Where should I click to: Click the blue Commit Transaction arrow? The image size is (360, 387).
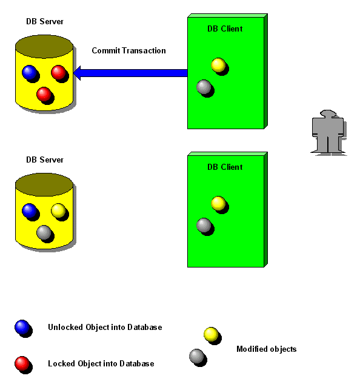click(130, 73)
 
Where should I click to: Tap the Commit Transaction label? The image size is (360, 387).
click(128, 50)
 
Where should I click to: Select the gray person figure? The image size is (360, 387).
click(328, 132)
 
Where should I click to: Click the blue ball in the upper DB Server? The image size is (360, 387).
click(30, 73)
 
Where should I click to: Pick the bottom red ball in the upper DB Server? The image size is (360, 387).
click(44, 95)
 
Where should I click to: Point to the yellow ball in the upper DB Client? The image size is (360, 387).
click(219, 66)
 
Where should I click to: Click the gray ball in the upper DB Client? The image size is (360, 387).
click(204, 87)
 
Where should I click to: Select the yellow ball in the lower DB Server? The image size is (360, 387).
click(59, 211)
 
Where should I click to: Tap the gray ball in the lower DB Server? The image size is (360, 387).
click(44, 233)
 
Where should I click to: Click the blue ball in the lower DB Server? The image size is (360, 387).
click(30, 211)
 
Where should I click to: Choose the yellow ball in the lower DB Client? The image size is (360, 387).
click(219, 204)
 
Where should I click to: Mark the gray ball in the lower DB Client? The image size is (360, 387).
click(204, 226)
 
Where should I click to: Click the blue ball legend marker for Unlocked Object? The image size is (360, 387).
click(22, 328)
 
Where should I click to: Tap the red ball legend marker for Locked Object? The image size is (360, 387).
click(22, 364)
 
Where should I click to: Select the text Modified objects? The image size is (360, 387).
click(267, 349)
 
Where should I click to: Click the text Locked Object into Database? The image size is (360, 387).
click(101, 363)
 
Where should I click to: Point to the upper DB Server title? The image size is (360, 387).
click(45, 21)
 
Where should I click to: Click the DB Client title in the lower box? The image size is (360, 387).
click(225, 167)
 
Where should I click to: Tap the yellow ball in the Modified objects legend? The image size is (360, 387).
click(212, 335)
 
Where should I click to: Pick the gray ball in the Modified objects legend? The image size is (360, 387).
click(197, 357)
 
